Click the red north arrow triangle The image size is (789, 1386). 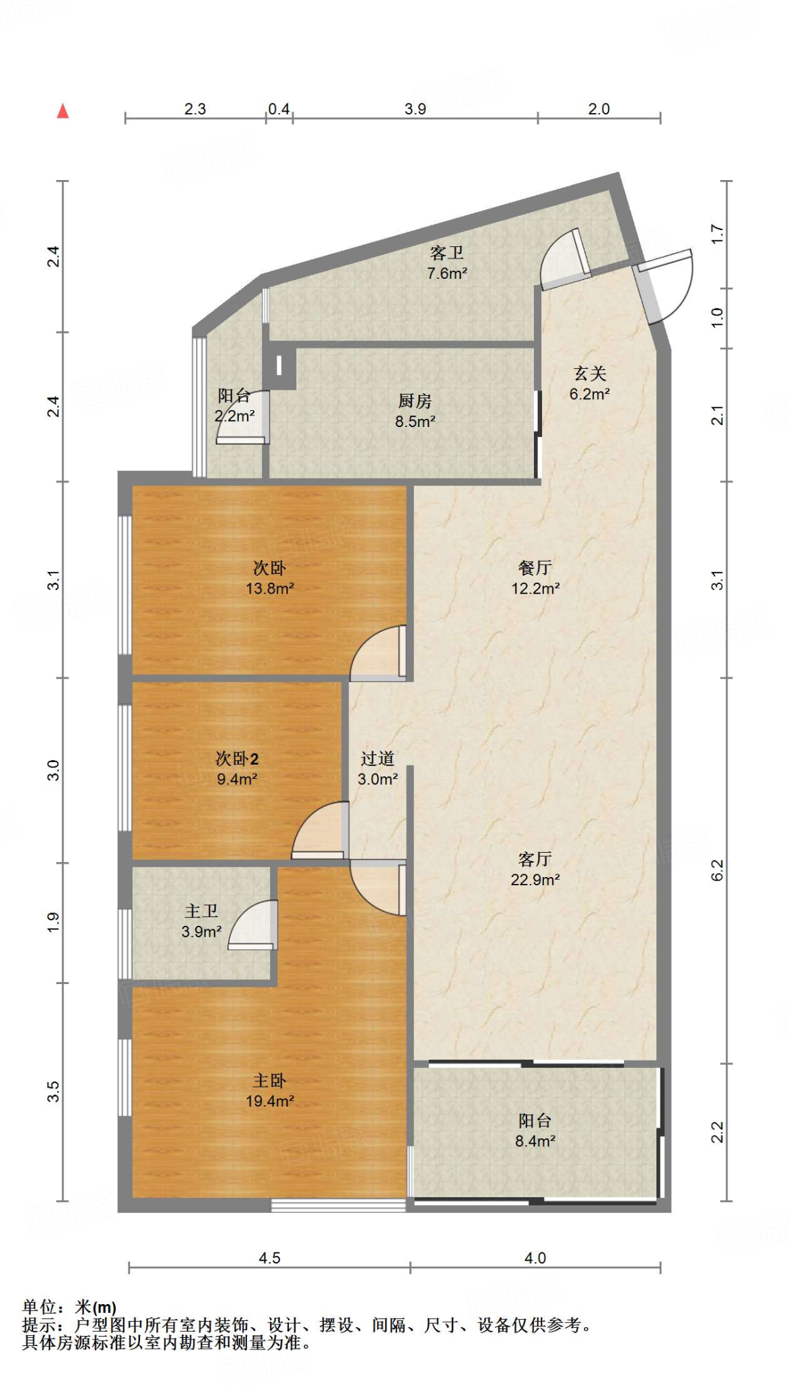tap(63, 111)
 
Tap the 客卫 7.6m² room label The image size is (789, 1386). tap(447, 263)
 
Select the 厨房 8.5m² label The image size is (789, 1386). tap(415, 411)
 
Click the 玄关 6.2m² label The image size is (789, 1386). tap(589, 384)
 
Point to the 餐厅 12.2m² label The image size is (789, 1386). tap(535, 578)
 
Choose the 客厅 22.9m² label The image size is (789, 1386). tap(535, 869)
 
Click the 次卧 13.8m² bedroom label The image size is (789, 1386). tap(269, 578)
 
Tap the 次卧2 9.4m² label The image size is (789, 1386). tap(237, 769)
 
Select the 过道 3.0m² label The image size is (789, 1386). tap(378, 769)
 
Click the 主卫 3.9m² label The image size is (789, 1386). tap(201, 922)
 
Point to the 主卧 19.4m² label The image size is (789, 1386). tap(269, 1091)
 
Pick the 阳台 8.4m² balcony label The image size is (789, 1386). tap(535, 1131)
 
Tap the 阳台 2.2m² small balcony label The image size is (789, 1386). tap(234, 406)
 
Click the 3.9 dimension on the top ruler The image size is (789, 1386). tap(415, 109)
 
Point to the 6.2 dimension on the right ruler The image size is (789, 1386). tap(717, 870)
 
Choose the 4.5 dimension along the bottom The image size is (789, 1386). tap(269, 1258)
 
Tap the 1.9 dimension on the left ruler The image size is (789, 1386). tap(53, 922)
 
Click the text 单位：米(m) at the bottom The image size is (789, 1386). tap(69, 1307)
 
